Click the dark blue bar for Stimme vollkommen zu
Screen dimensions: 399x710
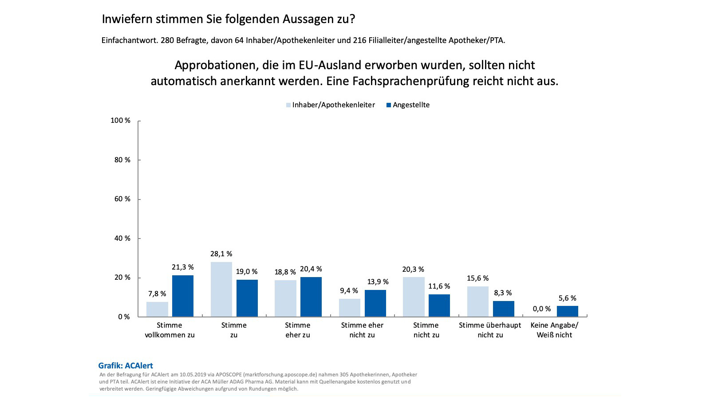point(183,296)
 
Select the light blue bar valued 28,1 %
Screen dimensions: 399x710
point(221,289)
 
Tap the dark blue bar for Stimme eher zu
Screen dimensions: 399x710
point(311,297)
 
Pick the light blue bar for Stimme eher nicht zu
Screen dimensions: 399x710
point(350,308)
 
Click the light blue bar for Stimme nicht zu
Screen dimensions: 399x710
point(414,297)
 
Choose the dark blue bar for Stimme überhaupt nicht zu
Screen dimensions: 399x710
point(504,309)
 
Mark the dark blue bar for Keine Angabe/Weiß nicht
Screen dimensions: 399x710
point(568,311)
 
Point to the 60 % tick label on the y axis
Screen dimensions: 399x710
point(122,199)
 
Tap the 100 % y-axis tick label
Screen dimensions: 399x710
point(121,121)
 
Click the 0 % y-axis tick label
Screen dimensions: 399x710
point(124,317)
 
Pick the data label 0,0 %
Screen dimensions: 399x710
point(542,309)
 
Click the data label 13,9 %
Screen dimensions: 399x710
point(378,282)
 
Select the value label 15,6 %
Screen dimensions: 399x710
point(477,278)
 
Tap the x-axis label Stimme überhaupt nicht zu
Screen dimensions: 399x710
point(490,330)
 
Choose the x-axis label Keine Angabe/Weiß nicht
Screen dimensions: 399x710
point(554,330)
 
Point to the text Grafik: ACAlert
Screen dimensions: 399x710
point(126,366)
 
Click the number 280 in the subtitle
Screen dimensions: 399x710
point(167,40)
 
